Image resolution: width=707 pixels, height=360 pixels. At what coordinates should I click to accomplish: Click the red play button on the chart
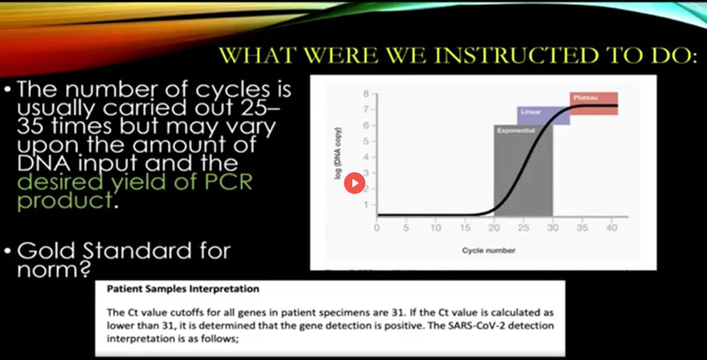tap(354, 183)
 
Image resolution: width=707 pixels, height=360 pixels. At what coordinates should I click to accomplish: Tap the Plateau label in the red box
tap(586, 98)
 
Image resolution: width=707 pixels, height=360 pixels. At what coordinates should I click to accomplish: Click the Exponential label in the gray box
tap(516, 130)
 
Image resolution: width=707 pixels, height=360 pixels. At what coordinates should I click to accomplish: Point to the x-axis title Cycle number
tap(488, 250)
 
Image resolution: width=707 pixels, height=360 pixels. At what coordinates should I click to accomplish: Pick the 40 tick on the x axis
tap(611, 228)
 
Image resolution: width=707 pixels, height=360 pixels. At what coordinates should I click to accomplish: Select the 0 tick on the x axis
tap(377, 228)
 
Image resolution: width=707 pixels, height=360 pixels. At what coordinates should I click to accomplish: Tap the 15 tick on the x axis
tap(465, 228)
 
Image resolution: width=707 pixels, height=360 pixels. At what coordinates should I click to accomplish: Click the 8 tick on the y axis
tap(366, 94)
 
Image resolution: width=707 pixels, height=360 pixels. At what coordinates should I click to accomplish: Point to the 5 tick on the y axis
tap(366, 141)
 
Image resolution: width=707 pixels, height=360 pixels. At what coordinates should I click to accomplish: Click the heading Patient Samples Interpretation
tap(183, 289)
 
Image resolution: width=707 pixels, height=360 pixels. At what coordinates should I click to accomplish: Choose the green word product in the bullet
tap(64, 200)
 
